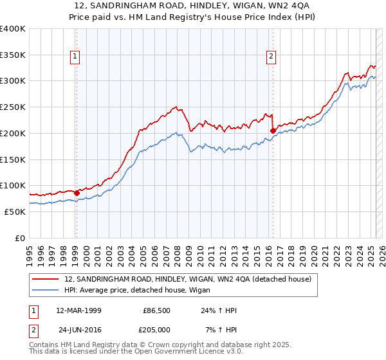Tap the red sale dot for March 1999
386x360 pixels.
coord(77,192)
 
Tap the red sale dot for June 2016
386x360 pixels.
coord(273,130)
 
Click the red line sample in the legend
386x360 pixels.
coord(46,280)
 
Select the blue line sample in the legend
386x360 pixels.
coord(46,291)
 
